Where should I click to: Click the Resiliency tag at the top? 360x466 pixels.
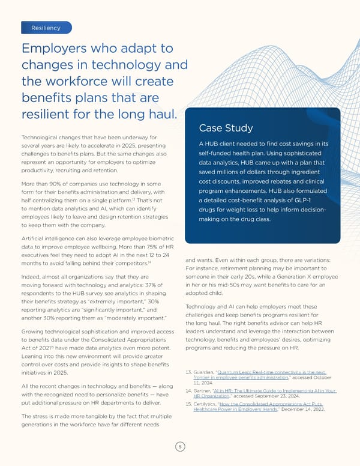click(46, 28)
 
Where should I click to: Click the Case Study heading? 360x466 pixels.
click(223, 128)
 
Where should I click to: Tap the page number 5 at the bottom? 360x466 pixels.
click(179, 447)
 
